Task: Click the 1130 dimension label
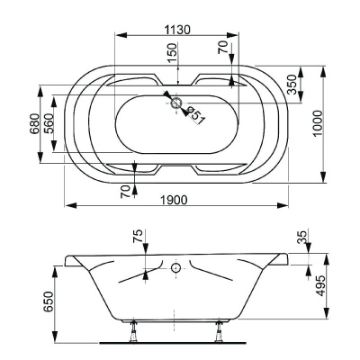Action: (x=177, y=30)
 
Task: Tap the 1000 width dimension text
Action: (x=318, y=123)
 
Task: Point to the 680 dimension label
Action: (x=34, y=124)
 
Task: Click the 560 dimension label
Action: (x=48, y=124)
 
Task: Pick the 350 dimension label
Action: (x=292, y=85)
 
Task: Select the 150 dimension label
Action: (x=172, y=53)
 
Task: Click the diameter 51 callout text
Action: (x=196, y=115)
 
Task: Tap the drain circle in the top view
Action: (x=175, y=103)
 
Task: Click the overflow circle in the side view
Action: (x=175, y=267)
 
